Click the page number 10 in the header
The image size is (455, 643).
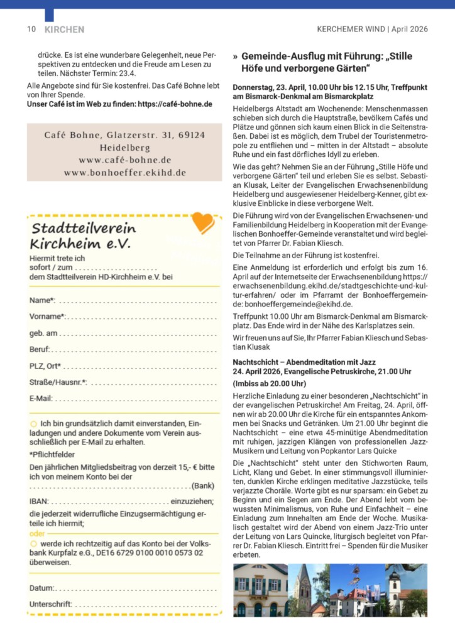31,30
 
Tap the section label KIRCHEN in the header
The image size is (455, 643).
64,30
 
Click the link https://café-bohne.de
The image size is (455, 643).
175,104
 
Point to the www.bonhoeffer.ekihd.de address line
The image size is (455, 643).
124,172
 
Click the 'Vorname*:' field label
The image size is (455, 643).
48,316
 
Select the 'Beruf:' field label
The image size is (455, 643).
40,349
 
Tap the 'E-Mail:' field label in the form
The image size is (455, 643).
41,398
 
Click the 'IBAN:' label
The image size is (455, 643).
39,501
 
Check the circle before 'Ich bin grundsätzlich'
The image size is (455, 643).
33,424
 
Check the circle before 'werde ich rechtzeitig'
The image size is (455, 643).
33,543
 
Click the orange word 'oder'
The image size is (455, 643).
38,532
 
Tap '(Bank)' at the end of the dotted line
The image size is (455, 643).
203,485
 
